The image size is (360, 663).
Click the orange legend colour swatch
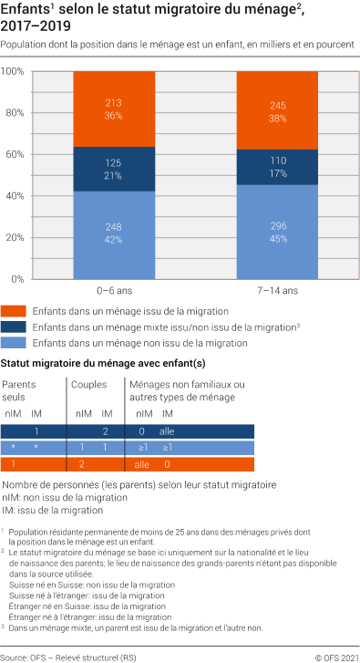coord(14,311)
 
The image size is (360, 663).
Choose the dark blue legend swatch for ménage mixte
coord(14,326)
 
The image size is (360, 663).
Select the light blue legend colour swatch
coord(14,343)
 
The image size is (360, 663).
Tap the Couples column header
coord(88,385)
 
